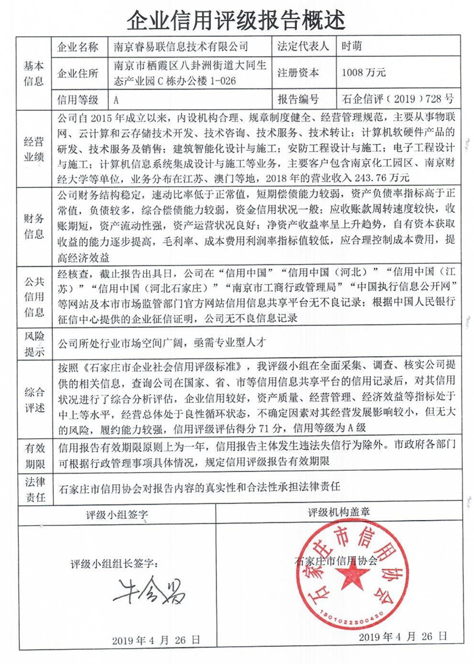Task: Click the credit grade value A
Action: (117, 99)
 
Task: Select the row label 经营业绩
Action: (34, 148)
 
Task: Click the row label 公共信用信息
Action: (34, 295)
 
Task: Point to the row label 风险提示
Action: (34, 342)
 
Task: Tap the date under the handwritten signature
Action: (155, 640)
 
